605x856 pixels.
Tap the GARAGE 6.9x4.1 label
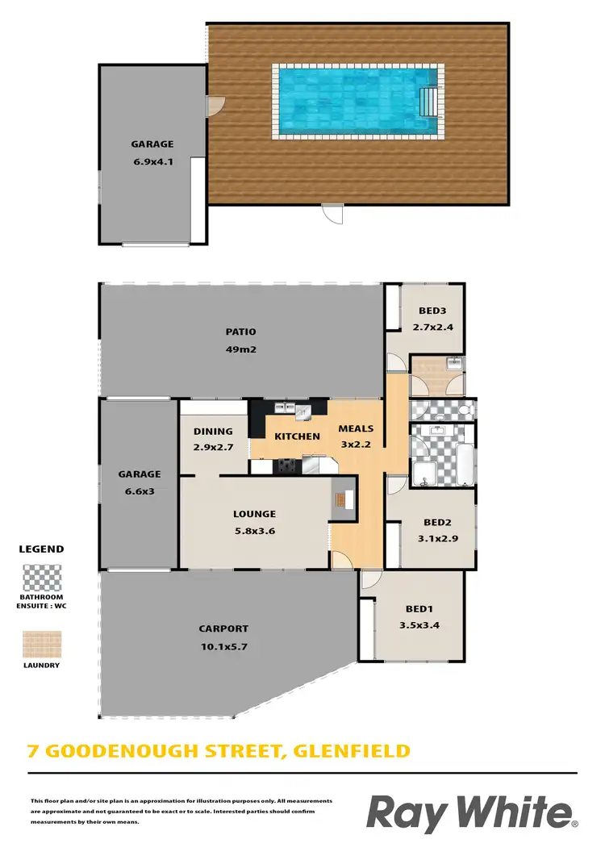pyautogui.click(x=152, y=152)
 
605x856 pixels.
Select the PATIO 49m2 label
pyautogui.click(x=240, y=340)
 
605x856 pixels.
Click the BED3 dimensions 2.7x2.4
pyautogui.click(x=434, y=328)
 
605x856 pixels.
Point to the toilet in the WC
pyautogui.click(x=465, y=410)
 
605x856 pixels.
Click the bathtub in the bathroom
pyautogui.click(x=465, y=463)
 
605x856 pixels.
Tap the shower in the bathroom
pyautogui.click(x=425, y=474)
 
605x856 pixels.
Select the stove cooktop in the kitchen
pyautogui.click(x=286, y=465)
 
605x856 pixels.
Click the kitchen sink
pyautogui.click(x=303, y=412)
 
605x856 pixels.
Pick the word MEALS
pyautogui.click(x=355, y=428)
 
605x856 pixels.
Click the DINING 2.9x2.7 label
pyautogui.click(x=213, y=439)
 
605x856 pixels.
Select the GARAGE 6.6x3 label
pyautogui.click(x=139, y=482)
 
